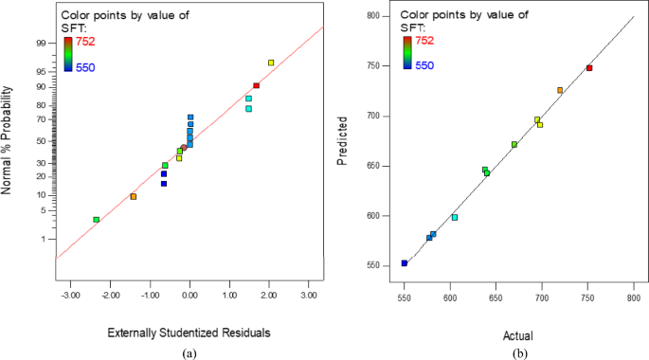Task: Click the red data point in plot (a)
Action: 256,85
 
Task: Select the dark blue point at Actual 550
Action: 405,263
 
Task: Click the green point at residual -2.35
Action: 96,220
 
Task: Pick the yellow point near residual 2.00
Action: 271,63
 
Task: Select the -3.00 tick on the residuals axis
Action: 69,296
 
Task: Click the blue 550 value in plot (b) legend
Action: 424,65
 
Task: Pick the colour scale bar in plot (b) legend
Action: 406,53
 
